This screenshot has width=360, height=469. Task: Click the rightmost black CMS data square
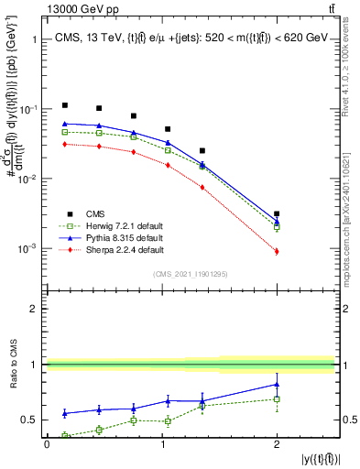click(x=277, y=213)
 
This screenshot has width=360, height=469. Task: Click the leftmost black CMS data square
click(x=65, y=105)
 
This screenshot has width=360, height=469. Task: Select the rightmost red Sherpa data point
click(x=277, y=251)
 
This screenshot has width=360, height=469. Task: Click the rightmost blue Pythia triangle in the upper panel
click(x=277, y=221)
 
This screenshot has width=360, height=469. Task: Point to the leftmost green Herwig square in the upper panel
click(x=65, y=132)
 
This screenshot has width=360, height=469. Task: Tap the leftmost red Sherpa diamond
click(x=65, y=144)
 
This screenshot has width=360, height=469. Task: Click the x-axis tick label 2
click(x=277, y=444)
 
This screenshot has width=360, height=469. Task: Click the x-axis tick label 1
click(x=162, y=444)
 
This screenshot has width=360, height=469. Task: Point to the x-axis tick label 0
click(x=48, y=444)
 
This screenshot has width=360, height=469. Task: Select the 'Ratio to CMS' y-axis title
click(x=14, y=365)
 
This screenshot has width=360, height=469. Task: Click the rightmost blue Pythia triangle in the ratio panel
click(x=277, y=384)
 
